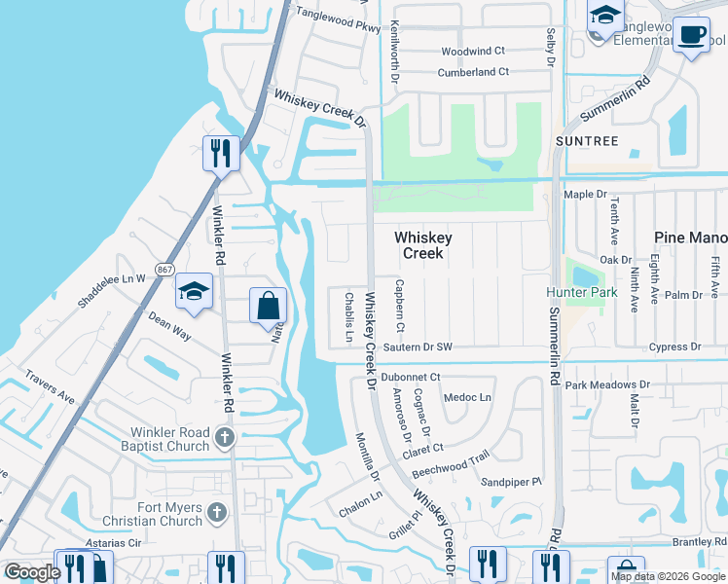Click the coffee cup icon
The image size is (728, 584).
click(691, 36)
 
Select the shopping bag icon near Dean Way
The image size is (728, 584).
click(268, 308)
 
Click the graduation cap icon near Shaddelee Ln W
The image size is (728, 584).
click(194, 292)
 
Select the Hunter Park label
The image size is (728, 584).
click(581, 291)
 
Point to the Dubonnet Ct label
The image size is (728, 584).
click(411, 377)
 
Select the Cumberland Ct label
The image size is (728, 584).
click(473, 72)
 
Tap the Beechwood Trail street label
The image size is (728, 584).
click(450, 463)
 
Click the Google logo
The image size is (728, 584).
click(32, 571)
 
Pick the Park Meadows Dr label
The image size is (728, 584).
click(612, 385)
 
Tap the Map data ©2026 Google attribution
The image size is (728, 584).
click(668, 576)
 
